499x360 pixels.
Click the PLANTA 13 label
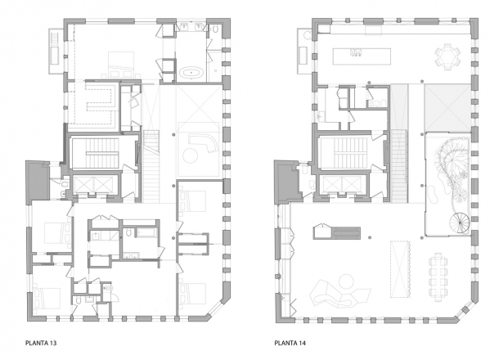click(x=41, y=343)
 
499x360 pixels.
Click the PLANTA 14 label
click(x=290, y=343)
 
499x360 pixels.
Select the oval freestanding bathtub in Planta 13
click(x=191, y=73)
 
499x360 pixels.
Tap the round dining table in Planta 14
click(x=447, y=56)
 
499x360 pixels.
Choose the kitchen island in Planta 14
click(x=362, y=56)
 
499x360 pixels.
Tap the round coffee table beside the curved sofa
click(x=191, y=156)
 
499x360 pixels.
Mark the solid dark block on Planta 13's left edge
click(x=38, y=182)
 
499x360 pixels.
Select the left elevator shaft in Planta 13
click(x=83, y=184)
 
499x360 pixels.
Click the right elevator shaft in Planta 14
click(x=352, y=184)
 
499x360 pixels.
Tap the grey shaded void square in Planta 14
click(x=447, y=108)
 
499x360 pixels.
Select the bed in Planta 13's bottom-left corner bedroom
click(x=47, y=299)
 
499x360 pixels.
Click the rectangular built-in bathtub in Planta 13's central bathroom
click(x=146, y=232)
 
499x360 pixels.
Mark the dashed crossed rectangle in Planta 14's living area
click(x=400, y=269)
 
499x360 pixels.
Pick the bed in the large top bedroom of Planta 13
click(x=122, y=65)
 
